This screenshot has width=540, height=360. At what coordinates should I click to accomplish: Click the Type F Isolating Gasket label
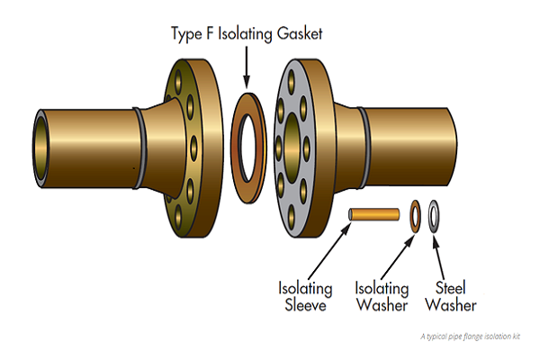click(x=247, y=34)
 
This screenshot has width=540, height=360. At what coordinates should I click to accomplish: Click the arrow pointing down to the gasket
click(x=247, y=67)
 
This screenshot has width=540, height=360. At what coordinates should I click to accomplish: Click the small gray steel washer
click(x=436, y=214)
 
